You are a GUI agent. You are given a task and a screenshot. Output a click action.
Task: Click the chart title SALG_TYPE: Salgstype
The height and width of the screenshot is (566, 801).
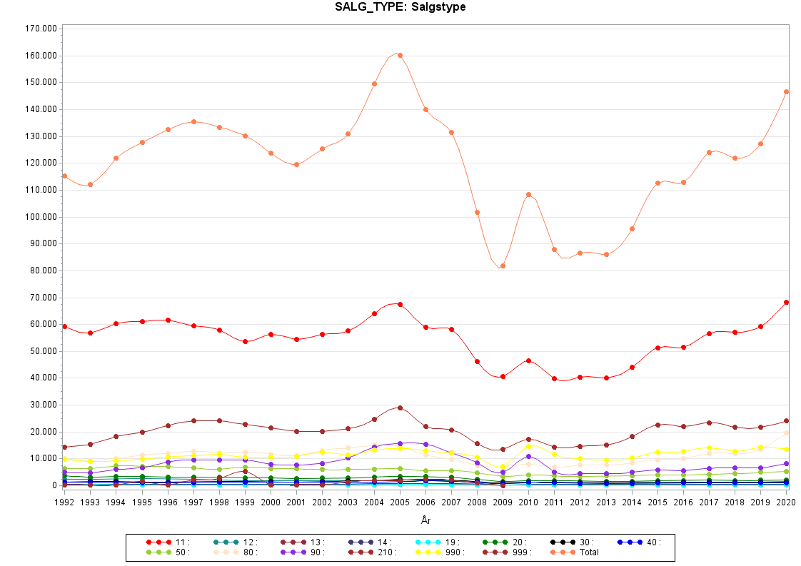pyautogui.click(x=400, y=7)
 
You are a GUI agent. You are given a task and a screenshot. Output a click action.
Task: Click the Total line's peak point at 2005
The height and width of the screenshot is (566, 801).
pyautogui.click(x=400, y=55)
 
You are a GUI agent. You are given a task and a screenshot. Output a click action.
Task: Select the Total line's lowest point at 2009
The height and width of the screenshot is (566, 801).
pyautogui.click(x=503, y=266)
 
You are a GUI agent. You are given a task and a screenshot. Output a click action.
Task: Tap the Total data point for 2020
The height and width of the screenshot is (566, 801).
pyautogui.click(x=786, y=91)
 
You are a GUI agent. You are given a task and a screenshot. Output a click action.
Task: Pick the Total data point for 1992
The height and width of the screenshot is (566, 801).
pyautogui.click(x=64, y=176)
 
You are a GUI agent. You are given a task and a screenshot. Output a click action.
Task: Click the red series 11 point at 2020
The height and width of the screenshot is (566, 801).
pyautogui.click(x=786, y=302)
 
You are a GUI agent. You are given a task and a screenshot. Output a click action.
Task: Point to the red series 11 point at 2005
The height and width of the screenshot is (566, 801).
pyautogui.click(x=400, y=304)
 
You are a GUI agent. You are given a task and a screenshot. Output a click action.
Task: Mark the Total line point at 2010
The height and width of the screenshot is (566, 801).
pyautogui.click(x=528, y=194)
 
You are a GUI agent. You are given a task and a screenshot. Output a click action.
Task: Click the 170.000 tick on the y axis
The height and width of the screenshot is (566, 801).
pyautogui.click(x=41, y=29)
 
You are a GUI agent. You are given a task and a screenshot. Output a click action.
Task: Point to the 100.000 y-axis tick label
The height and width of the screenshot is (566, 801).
pyautogui.click(x=41, y=217)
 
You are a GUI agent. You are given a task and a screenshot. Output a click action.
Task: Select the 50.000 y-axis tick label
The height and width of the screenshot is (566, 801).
pyautogui.click(x=43, y=351)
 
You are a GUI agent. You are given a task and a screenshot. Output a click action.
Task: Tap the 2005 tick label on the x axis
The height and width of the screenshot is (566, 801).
pyautogui.click(x=400, y=502)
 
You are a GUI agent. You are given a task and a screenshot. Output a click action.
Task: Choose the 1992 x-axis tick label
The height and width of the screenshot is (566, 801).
pyautogui.click(x=64, y=502)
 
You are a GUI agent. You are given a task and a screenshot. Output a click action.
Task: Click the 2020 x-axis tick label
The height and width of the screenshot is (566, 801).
pyautogui.click(x=786, y=502)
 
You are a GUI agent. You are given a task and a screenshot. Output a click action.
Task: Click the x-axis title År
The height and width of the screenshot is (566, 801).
pyautogui.click(x=426, y=521)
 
